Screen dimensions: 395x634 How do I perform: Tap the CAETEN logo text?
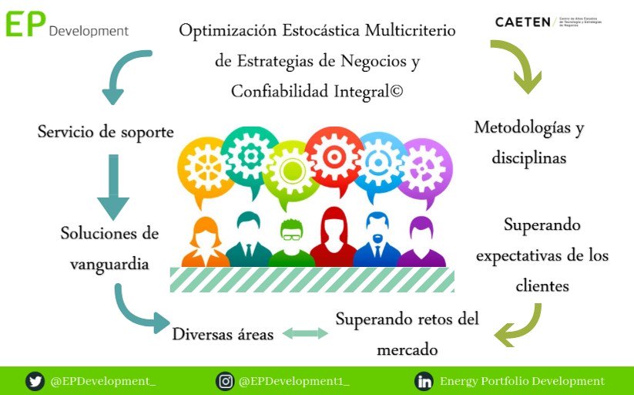point(523,22)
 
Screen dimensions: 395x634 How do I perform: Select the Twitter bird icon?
point(35,381)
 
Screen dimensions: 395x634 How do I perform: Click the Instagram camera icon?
point(226,381)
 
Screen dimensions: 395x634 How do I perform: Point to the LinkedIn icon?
point(424,381)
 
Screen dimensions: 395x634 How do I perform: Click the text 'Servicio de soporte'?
point(106,132)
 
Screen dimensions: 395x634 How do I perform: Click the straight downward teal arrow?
point(113,187)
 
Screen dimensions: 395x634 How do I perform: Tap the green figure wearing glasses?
point(291,242)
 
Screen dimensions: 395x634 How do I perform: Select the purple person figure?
point(421,242)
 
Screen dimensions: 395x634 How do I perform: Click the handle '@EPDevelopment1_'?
point(294,381)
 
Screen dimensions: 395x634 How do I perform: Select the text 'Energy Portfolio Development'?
point(522,381)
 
